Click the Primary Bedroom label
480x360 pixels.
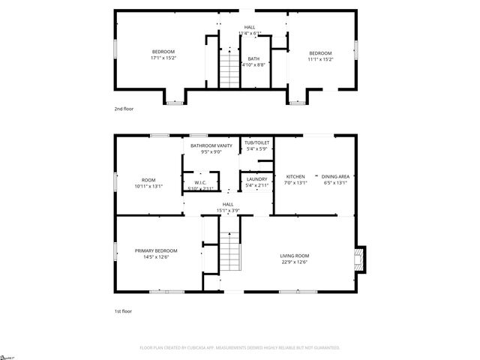pyautogui.click(x=156, y=250)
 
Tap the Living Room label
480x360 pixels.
pyautogui.click(x=295, y=256)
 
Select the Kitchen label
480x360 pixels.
pyautogui.click(x=295, y=177)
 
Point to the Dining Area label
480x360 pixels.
pyautogui.click(x=335, y=177)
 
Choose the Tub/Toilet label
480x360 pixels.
pyautogui.click(x=257, y=142)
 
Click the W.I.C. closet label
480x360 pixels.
pyautogui.click(x=200, y=183)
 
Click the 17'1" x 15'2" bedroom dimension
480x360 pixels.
pyautogui.click(x=163, y=58)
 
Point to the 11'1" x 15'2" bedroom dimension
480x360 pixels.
pyautogui.click(x=320, y=58)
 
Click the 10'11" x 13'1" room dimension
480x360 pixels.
pyautogui.click(x=148, y=186)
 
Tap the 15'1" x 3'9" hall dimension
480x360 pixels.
pyautogui.click(x=228, y=210)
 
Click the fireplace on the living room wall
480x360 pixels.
pyautogui.click(x=360, y=260)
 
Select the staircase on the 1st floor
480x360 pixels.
pyautogui.click(x=229, y=253)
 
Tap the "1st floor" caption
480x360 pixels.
pyautogui.click(x=122, y=310)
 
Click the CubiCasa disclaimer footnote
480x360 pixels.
pyautogui.click(x=240, y=348)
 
